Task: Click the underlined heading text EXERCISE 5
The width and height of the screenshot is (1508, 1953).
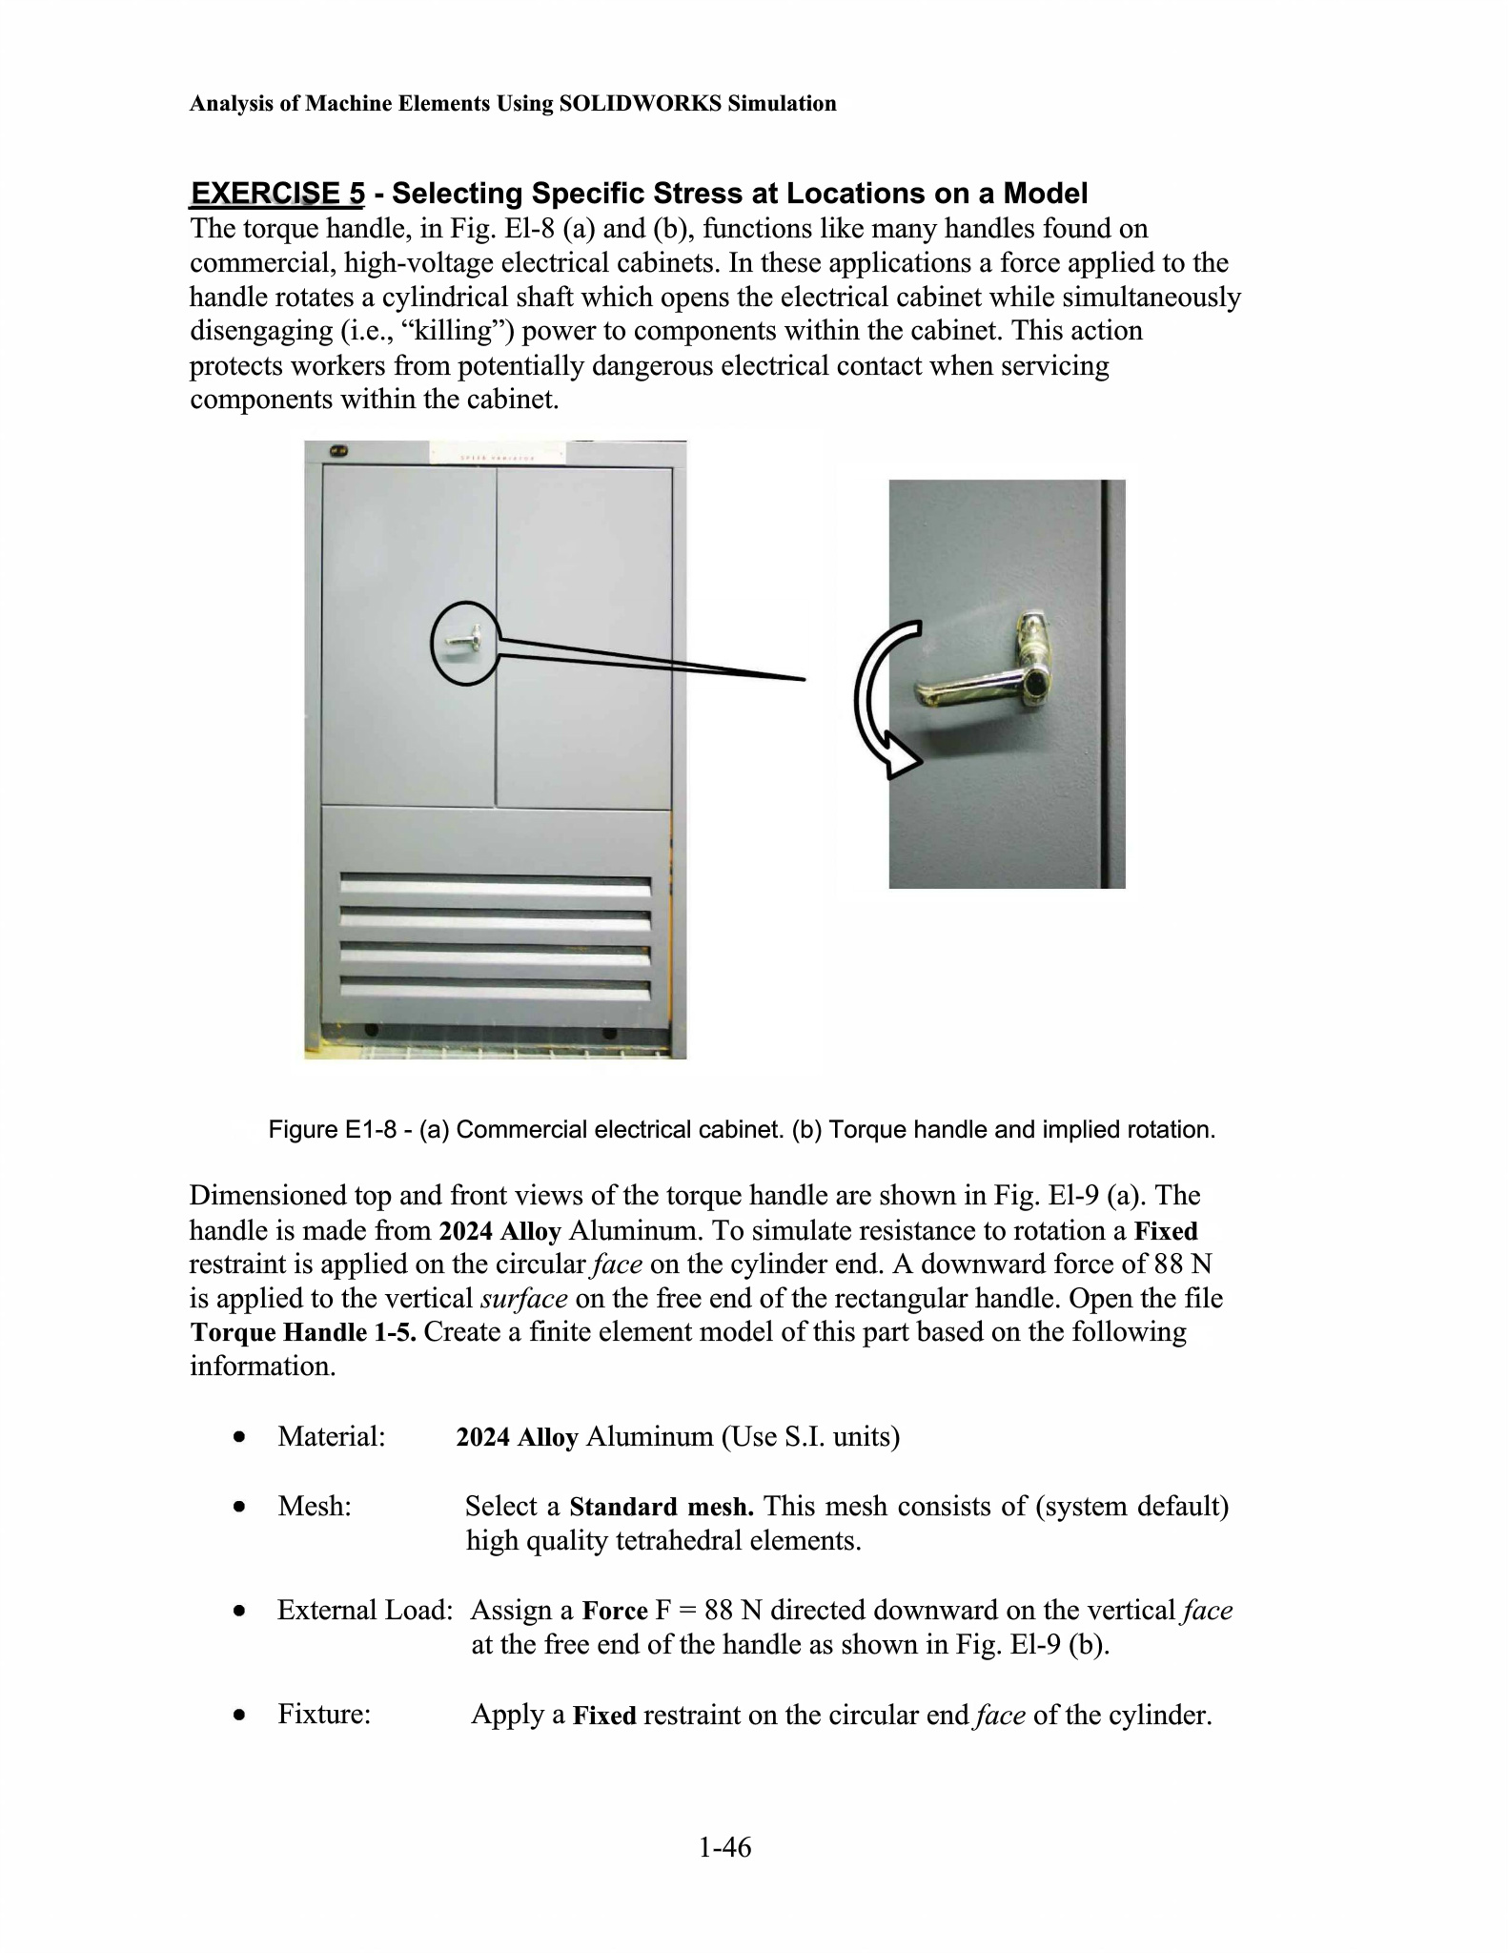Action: [x=277, y=194]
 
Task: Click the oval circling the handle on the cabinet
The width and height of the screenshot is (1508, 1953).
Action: [x=466, y=643]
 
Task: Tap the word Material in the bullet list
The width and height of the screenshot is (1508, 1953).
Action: [x=331, y=1436]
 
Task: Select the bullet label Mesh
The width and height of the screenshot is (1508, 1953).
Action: [x=315, y=1507]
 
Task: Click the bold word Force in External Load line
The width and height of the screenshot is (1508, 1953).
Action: [x=615, y=1612]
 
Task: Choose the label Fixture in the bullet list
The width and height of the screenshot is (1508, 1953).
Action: [x=324, y=1715]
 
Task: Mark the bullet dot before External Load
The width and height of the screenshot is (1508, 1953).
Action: [x=242, y=1612]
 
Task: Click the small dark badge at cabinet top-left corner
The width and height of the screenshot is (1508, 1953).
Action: [x=337, y=451]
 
